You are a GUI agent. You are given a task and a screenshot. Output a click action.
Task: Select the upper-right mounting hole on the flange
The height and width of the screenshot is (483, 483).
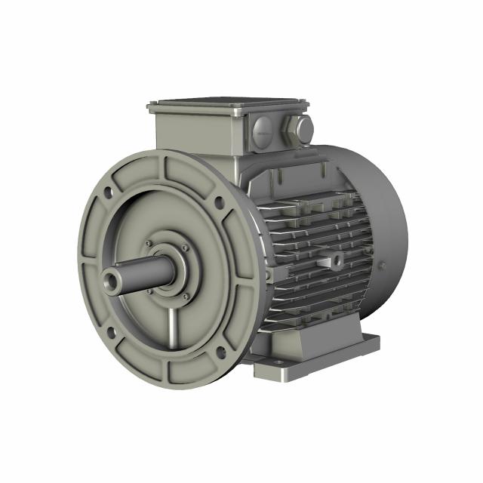[x=219, y=202]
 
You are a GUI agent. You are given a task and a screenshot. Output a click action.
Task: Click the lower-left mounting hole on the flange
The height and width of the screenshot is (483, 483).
[x=112, y=330]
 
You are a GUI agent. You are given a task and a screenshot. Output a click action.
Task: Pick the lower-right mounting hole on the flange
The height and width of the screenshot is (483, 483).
[x=220, y=350]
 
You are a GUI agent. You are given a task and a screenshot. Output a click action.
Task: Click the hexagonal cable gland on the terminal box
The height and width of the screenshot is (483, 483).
[x=303, y=129]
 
